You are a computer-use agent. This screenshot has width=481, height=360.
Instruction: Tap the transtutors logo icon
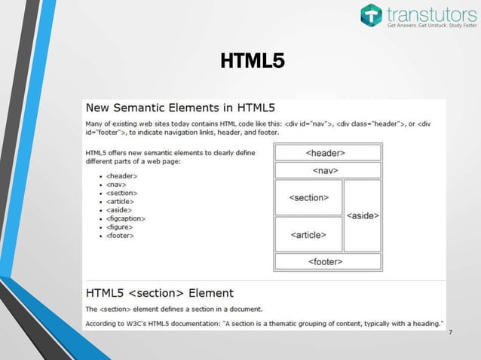pos(372,15)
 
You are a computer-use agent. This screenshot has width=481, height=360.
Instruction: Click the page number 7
pos(450,334)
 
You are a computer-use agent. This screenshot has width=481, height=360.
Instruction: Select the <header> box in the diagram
pos(326,153)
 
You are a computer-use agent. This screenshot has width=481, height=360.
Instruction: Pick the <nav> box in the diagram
pos(326,171)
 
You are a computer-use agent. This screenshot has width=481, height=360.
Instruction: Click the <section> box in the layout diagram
pos(308,198)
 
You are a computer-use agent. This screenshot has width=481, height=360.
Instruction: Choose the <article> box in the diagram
pos(308,235)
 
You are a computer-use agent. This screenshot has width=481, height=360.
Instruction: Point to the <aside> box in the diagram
pos(362,216)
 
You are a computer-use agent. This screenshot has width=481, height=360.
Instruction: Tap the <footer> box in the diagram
pos(326,261)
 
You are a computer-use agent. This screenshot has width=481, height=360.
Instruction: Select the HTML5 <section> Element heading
pos(160,293)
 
